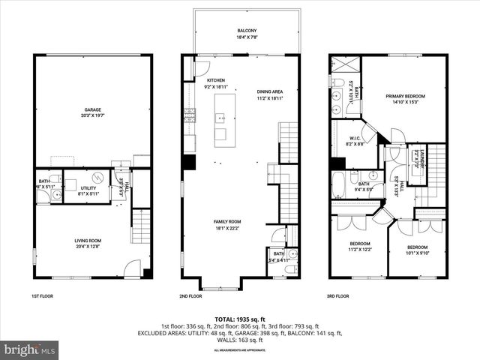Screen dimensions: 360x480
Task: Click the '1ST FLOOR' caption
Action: coord(43,296)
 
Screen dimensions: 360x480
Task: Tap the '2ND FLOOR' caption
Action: coord(192,296)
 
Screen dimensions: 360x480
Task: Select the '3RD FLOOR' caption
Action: coord(339,296)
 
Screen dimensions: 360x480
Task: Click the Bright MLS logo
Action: coord(30,349)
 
